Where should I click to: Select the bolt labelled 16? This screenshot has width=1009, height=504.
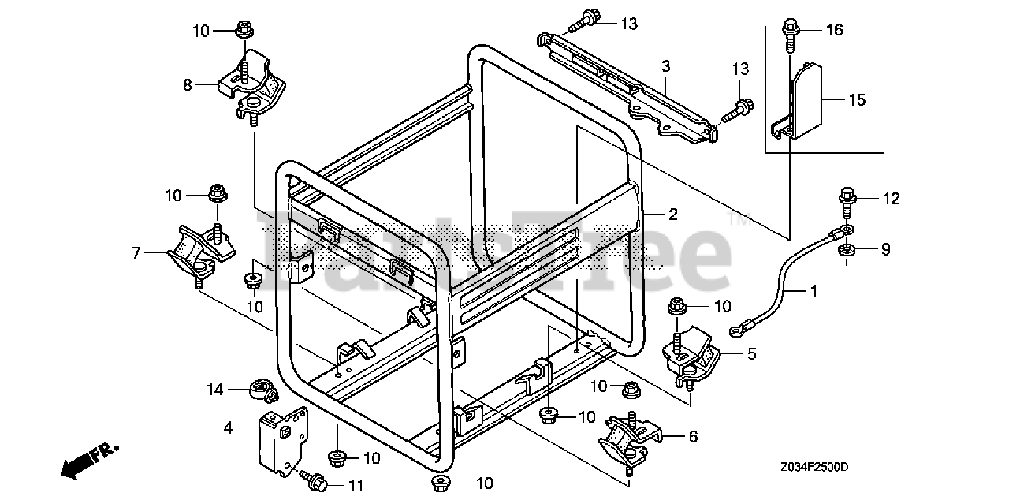pyautogui.click(x=789, y=33)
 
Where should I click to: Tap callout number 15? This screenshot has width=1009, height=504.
pyautogui.click(x=857, y=100)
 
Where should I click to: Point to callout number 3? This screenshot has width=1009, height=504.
pyautogui.click(x=666, y=65)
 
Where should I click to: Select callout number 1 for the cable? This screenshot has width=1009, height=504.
pyautogui.click(x=814, y=291)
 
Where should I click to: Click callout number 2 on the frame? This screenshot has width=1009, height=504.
pyautogui.click(x=673, y=213)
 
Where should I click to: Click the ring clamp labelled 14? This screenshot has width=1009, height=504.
pyautogui.click(x=260, y=389)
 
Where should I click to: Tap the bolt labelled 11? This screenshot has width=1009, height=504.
pyautogui.click(x=315, y=479)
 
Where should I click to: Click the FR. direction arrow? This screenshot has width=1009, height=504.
pyautogui.click(x=88, y=461)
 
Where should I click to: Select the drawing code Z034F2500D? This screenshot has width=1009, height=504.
pyautogui.click(x=815, y=467)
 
